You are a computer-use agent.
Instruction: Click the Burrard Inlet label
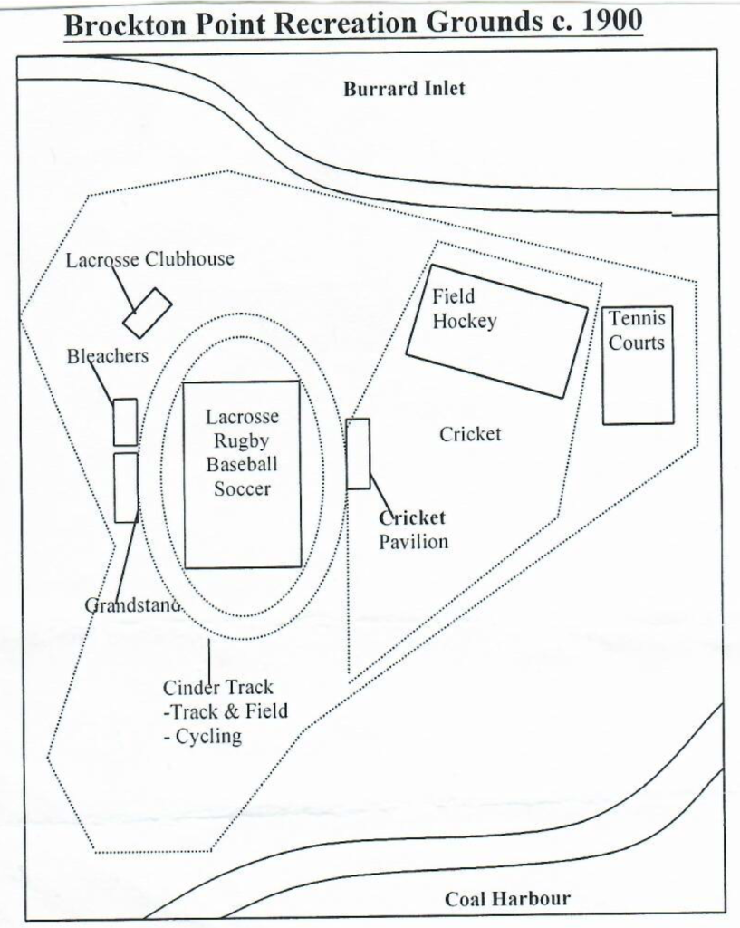404,89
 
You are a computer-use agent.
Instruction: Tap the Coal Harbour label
507,899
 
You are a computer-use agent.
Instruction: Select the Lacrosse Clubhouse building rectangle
147,313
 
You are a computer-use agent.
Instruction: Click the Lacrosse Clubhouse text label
149,260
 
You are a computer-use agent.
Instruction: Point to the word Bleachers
107,356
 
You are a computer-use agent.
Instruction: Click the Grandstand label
132,604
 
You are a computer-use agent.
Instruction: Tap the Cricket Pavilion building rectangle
358,453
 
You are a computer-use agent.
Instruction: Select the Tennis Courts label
637,331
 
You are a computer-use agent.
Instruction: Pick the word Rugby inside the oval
242,441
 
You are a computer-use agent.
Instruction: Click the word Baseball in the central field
242,465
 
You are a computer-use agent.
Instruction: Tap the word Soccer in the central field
242,488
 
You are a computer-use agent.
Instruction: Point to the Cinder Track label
217,687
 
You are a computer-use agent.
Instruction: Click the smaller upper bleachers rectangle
125,421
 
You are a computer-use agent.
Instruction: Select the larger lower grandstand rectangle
126,488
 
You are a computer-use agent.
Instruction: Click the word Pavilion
413,542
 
